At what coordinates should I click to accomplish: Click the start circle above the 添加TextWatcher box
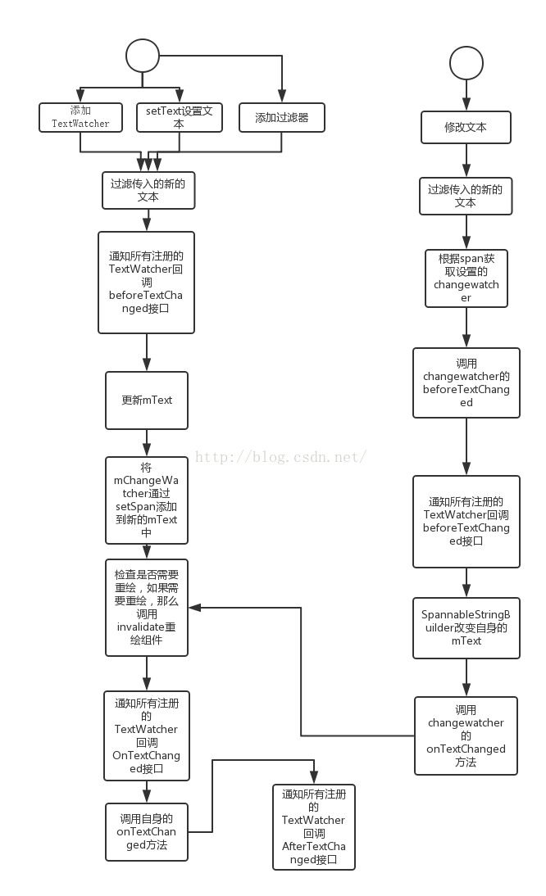(x=142, y=57)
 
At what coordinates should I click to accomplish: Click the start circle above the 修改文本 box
(x=466, y=63)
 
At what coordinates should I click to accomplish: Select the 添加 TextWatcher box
(x=80, y=117)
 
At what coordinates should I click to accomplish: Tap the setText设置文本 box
(x=179, y=117)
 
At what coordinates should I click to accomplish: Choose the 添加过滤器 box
(x=281, y=117)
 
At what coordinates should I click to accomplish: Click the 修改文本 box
(x=466, y=128)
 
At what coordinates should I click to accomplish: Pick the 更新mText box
(x=147, y=400)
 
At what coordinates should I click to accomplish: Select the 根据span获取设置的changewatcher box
(x=466, y=278)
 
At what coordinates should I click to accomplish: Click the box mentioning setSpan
(x=147, y=500)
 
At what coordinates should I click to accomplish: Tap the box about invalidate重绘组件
(x=147, y=608)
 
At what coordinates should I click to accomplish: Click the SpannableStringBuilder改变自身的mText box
(x=466, y=628)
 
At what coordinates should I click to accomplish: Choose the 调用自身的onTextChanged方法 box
(x=147, y=832)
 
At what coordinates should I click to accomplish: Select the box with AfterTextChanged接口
(x=314, y=827)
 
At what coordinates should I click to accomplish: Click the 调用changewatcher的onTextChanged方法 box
(x=466, y=735)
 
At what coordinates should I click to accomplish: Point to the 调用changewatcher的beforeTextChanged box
(x=466, y=382)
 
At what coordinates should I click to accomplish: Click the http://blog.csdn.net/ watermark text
(x=280, y=457)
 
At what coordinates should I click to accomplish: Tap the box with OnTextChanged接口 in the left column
(x=147, y=735)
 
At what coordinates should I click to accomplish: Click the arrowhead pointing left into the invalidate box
(x=194, y=608)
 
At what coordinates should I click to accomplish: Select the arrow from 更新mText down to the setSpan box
(x=147, y=442)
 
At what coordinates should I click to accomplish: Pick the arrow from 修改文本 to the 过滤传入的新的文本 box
(x=466, y=161)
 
